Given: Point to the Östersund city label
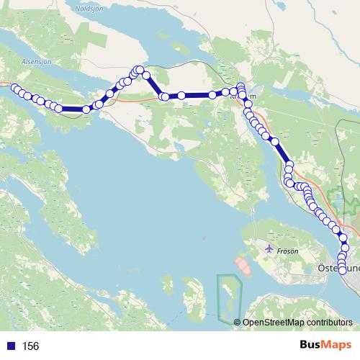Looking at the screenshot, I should click(338, 268).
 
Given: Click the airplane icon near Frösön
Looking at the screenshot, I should click(269, 249).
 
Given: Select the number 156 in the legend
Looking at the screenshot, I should click(31, 346).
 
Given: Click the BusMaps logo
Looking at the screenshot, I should click(325, 346).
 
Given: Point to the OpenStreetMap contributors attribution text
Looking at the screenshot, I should click(298, 323).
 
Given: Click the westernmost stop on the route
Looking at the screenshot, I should click(14, 87).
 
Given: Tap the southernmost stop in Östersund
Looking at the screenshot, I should click(342, 270).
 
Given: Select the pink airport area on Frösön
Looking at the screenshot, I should click(243, 266).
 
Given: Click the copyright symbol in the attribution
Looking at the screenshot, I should click(238, 323).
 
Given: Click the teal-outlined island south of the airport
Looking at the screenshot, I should click(230, 297).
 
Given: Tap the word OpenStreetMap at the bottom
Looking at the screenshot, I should click(275, 323).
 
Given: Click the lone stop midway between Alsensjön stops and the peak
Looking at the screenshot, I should click(86, 109).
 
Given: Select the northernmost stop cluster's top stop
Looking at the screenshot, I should click(138, 69).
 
